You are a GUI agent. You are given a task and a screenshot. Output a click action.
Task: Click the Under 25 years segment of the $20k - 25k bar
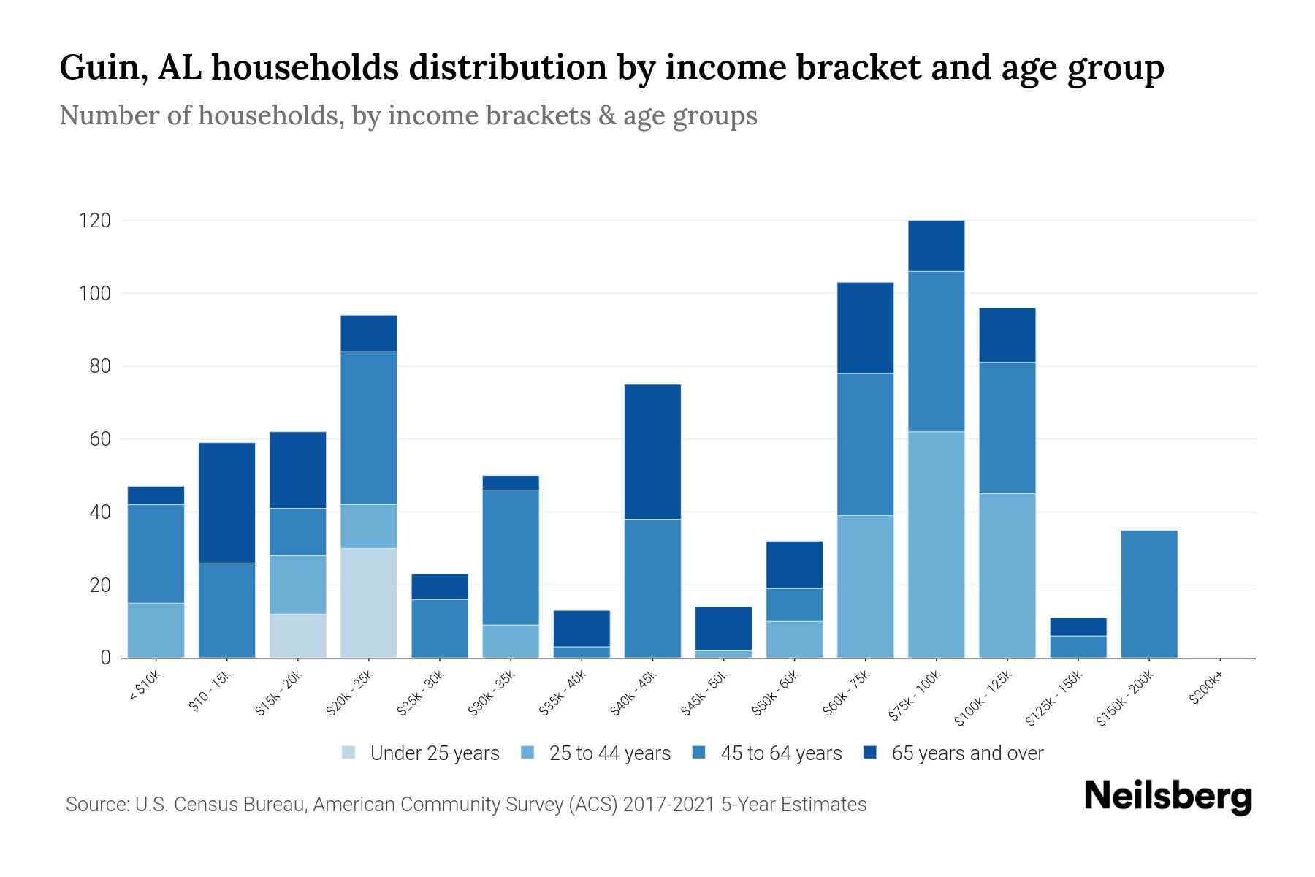[369, 603]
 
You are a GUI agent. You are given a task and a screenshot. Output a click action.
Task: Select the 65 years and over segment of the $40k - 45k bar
[652, 452]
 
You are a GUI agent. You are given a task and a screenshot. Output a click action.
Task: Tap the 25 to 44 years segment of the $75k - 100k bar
[936, 544]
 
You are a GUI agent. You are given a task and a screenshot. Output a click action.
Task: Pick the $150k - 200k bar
[1148, 593]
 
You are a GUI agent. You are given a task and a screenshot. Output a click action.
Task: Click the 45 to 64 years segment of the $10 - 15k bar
[226, 610]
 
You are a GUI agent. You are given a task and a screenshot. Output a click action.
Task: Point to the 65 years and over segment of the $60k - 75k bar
[865, 327]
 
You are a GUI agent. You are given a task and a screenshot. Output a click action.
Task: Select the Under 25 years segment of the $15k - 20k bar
[298, 636]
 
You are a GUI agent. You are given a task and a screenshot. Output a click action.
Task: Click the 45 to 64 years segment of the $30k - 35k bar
[511, 557]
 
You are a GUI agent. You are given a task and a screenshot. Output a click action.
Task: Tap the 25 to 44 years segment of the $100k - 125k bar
[1007, 575]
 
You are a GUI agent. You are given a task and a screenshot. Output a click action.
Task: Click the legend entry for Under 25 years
[434, 753]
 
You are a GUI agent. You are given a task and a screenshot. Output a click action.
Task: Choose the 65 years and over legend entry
[967, 753]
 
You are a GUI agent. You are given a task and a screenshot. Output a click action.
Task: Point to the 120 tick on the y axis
[95, 221]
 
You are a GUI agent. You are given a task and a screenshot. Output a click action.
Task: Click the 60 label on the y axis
[100, 439]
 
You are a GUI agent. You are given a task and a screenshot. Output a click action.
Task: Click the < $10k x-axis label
[145, 686]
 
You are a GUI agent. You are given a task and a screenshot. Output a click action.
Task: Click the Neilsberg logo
[1167, 797]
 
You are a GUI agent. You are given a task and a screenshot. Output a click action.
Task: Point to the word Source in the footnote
[96, 805]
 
